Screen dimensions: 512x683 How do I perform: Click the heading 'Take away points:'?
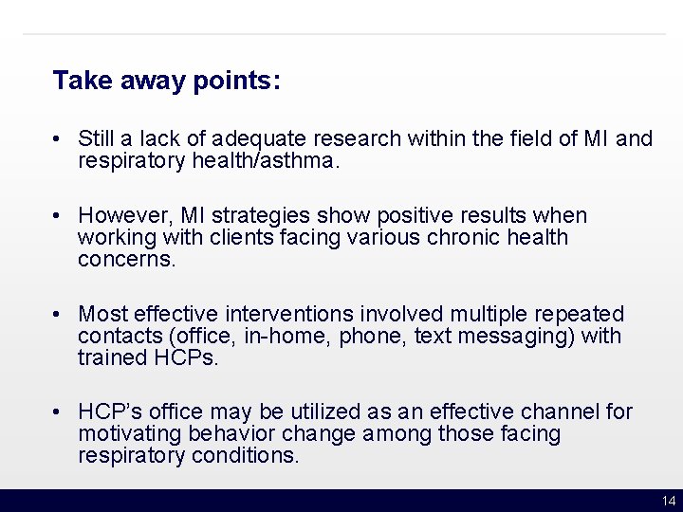(166, 81)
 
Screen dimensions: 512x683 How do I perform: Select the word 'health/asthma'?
(268, 161)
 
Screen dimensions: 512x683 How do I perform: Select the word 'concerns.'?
(127, 260)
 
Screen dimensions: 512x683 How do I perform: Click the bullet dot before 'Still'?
(59, 139)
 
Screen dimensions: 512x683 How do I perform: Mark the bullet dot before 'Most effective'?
(59, 314)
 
